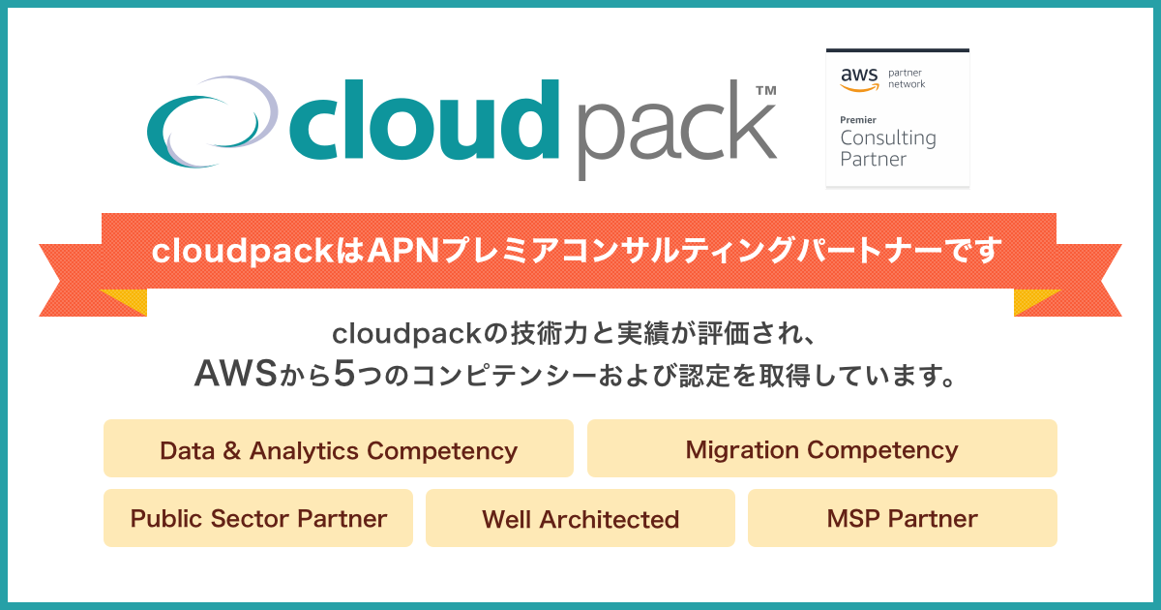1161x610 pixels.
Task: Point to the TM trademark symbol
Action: [x=764, y=90]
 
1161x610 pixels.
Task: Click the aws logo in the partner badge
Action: [x=857, y=78]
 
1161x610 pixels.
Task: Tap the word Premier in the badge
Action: [x=858, y=119]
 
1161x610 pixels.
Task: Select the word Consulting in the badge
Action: [x=887, y=137]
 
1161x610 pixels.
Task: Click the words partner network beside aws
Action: [x=907, y=78]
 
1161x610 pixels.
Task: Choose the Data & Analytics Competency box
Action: [x=339, y=449]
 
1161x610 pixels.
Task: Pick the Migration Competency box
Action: [x=821, y=449]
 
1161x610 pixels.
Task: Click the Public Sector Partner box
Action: [x=258, y=518]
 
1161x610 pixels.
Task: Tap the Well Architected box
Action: [x=580, y=519]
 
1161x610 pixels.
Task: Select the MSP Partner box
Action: [x=902, y=518]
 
